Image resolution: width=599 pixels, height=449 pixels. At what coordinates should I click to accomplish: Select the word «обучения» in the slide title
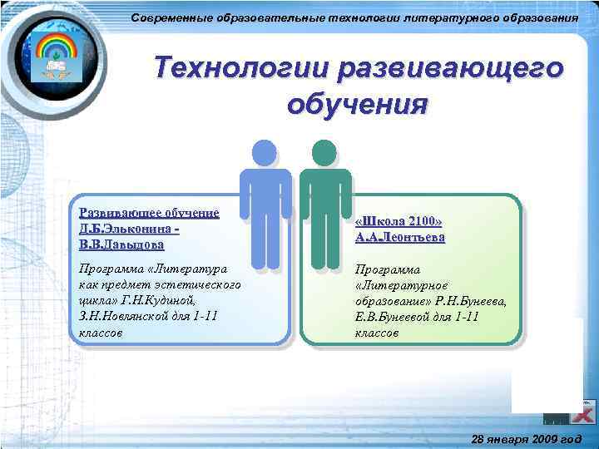point(356,105)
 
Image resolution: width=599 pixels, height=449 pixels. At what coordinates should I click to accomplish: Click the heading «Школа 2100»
point(399,222)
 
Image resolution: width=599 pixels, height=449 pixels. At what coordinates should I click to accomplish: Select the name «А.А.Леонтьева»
point(400,238)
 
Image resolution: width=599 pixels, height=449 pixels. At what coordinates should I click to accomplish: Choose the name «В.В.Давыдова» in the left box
point(121,245)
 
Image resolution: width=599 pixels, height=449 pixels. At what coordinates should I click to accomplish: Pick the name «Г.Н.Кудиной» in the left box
point(185,300)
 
